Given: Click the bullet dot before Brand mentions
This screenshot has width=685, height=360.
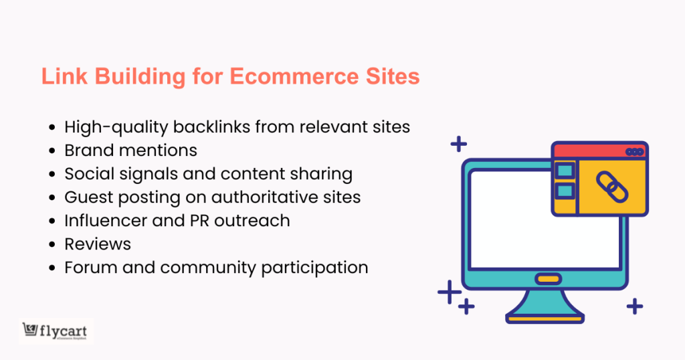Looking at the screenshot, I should (53, 151).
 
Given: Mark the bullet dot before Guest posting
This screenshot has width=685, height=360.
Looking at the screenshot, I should (53, 197).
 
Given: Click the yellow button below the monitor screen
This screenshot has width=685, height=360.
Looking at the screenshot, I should (549, 278).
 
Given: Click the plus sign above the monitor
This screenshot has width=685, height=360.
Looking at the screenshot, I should (458, 143).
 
